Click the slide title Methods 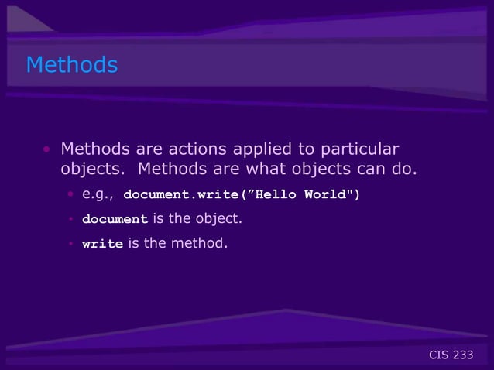72,65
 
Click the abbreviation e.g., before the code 98,193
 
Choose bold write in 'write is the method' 102,245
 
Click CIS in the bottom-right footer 439,355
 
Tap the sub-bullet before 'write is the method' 70,245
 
